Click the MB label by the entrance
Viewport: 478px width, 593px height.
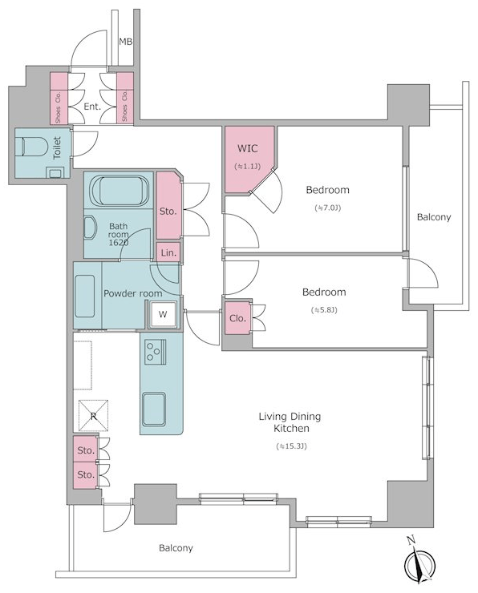coord(126,42)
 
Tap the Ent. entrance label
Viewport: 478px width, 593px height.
coord(92,107)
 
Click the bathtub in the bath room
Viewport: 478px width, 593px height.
coord(119,191)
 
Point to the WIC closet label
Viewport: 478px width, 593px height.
coord(248,148)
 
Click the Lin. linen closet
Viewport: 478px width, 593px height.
coord(168,252)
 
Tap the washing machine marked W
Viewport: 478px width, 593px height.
coord(163,314)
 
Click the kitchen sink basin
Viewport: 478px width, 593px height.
coord(154,409)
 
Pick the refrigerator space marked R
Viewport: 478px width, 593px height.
coord(94,416)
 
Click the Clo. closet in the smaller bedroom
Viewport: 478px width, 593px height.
coord(237,318)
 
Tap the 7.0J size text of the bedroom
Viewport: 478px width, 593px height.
coord(328,208)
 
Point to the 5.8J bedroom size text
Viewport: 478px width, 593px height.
coord(324,310)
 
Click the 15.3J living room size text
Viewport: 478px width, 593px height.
coord(291,446)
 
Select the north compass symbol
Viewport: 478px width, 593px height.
coord(419,563)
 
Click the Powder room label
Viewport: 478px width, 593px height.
coord(133,293)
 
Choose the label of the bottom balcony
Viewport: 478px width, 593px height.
coord(176,548)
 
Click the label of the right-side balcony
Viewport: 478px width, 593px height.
coord(434,217)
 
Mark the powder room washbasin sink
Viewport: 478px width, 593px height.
coord(85,296)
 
